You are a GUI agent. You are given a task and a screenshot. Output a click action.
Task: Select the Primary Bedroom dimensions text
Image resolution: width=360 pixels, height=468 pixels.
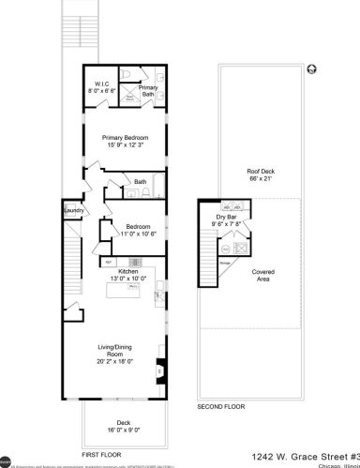[126, 144]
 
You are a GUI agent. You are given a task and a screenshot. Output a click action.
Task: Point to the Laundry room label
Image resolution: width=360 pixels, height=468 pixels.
[74, 211]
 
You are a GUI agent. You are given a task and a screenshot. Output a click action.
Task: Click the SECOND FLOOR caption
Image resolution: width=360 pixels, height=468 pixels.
[220, 407]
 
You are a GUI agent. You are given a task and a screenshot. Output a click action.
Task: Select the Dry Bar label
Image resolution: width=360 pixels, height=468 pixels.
[229, 217]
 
